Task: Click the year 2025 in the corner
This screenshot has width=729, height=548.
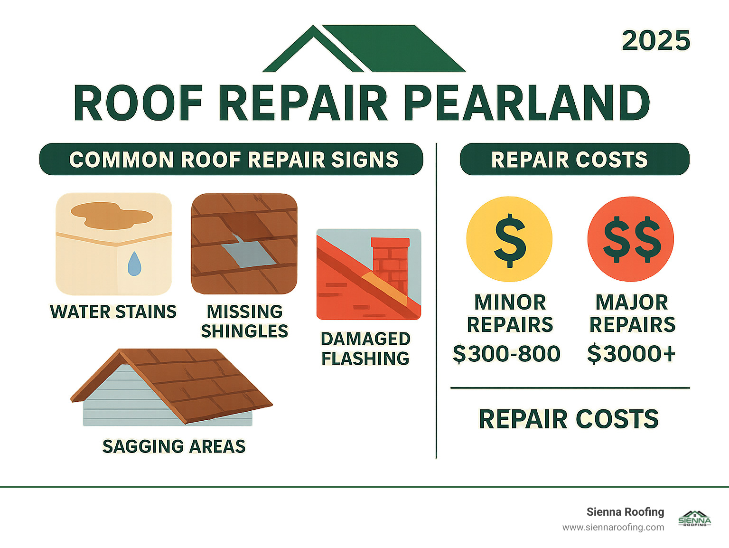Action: [x=656, y=41]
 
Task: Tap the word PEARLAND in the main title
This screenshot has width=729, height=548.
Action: [x=527, y=104]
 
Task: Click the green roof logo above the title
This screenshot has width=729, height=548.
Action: [x=364, y=49]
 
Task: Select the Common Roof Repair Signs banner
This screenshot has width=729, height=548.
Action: [x=231, y=160]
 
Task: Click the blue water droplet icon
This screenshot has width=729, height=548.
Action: [x=134, y=264]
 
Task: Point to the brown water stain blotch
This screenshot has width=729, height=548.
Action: [x=111, y=215]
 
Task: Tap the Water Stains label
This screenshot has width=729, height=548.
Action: [x=113, y=312]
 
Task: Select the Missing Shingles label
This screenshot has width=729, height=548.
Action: [x=244, y=321]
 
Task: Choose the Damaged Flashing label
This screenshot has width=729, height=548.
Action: [x=365, y=349]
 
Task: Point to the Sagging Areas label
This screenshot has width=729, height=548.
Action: [x=174, y=446]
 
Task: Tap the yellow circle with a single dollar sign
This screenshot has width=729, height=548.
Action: [x=509, y=239]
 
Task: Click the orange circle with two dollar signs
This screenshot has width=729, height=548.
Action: [x=631, y=239]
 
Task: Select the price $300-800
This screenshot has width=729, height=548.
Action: [x=506, y=354]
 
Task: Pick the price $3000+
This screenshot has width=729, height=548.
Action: [x=631, y=354]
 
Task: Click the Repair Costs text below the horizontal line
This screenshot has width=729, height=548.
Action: [x=569, y=419]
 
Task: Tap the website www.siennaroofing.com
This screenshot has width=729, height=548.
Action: [x=613, y=528]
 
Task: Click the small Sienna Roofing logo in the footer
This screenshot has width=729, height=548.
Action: [x=694, y=519]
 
